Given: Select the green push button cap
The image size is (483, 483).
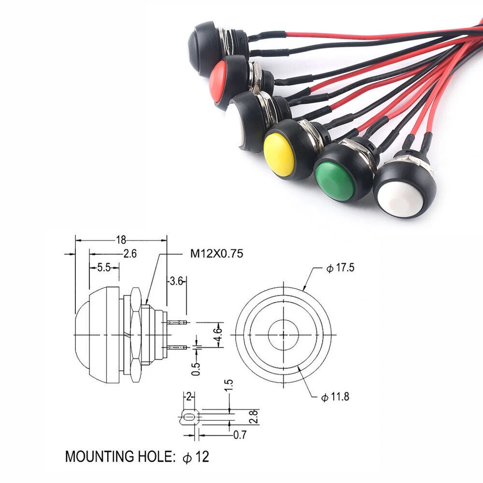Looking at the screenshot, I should (334, 181).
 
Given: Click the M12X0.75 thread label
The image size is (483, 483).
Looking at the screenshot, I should (216, 253).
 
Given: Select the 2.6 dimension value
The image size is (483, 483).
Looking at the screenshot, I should (130, 253).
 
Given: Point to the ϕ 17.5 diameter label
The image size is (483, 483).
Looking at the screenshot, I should (341, 268).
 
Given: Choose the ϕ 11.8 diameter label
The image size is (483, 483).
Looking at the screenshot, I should (335, 397).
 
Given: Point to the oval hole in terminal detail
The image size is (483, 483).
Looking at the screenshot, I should (190, 416).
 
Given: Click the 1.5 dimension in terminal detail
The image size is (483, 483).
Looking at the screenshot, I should (229, 385).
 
